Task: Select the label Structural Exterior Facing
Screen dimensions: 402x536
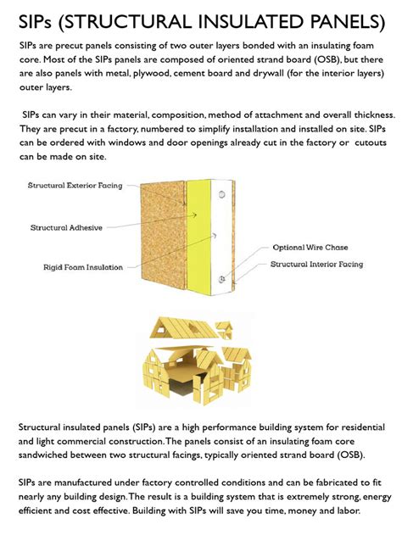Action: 75,185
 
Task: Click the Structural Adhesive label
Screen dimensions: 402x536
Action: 66,227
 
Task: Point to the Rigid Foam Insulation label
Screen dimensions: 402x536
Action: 83,267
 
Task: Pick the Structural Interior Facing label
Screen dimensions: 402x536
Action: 316,265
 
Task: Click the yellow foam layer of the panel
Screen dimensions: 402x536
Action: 200,237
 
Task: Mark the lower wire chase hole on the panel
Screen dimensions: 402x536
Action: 221,277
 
